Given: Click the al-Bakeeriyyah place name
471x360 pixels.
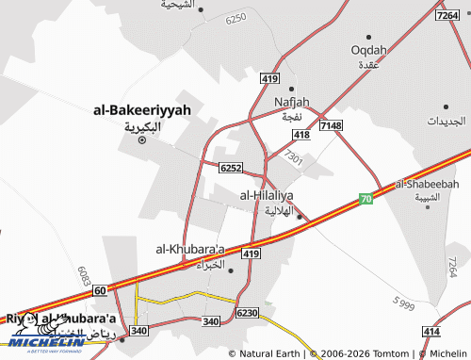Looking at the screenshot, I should (x=142, y=110).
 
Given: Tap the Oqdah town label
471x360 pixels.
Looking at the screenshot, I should (x=368, y=50).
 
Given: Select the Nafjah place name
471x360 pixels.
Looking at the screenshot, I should (x=291, y=102).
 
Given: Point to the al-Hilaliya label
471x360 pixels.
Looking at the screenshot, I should (x=267, y=195).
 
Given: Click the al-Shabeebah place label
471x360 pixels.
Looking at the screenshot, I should (x=427, y=184).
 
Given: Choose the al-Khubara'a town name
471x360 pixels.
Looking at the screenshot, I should (x=191, y=249).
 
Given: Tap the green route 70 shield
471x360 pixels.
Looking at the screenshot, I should (x=365, y=200).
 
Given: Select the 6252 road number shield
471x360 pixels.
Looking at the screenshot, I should (x=231, y=168).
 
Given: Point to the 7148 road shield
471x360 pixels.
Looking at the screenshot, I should (x=331, y=125).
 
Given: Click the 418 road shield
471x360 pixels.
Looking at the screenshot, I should (x=300, y=135).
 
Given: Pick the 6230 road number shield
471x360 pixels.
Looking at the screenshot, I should (x=248, y=312).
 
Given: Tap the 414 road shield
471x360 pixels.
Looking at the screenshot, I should (x=431, y=332).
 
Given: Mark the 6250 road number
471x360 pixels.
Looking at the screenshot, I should (x=236, y=17).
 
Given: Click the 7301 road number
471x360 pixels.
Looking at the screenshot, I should (x=293, y=159).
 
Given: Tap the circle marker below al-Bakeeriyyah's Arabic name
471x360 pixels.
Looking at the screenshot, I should (x=142, y=140).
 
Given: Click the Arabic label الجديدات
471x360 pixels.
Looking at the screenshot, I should (x=446, y=122).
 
